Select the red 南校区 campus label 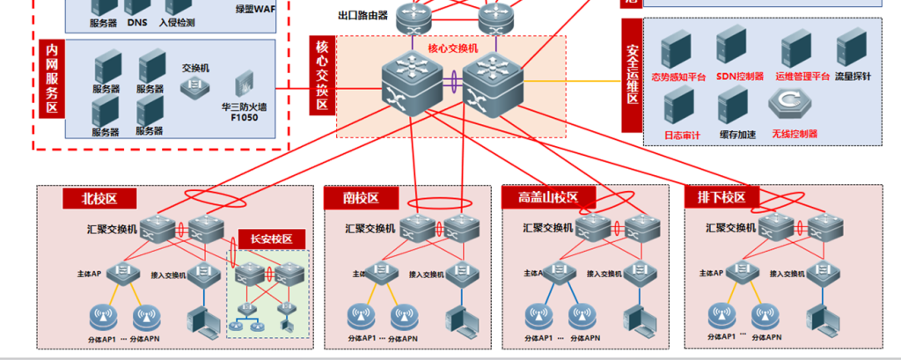pyautogui.click(x=360, y=199)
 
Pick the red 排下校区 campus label pyautogui.click(x=721, y=197)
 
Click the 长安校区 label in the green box pyautogui.click(x=272, y=239)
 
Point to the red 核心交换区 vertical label pyautogui.click(x=322, y=76)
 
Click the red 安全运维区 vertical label pyautogui.click(x=632, y=75)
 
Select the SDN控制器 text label pyautogui.click(x=739, y=77)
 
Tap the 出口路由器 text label pyautogui.click(x=363, y=15)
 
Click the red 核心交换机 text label pyautogui.click(x=453, y=49)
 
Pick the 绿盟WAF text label pyautogui.click(x=255, y=9)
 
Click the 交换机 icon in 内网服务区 pyautogui.click(x=194, y=85)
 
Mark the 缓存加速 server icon pyautogui.click(x=733, y=107)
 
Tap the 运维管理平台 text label pyautogui.click(x=802, y=77)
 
